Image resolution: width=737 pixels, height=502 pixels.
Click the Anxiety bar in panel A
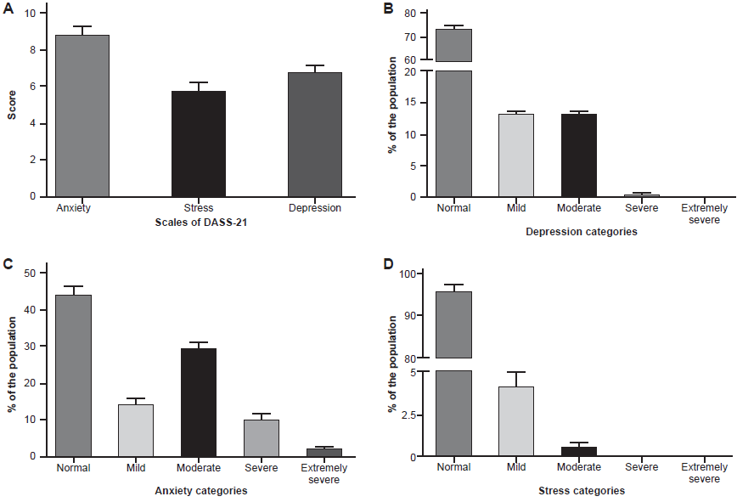(x=82, y=116)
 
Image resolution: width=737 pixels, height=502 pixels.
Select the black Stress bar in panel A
(x=199, y=144)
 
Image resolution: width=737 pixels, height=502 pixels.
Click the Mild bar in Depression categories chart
(x=516, y=155)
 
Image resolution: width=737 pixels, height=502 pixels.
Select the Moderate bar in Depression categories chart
(x=579, y=155)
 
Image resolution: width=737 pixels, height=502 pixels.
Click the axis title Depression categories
(x=581, y=231)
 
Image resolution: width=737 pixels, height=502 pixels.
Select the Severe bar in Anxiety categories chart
(x=262, y=437)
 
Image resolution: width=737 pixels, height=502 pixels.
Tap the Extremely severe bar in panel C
(x=324, y=452)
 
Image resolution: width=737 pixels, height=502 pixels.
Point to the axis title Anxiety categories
(x=200, y=491)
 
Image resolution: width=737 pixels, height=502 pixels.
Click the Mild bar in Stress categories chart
(x=516, y=421)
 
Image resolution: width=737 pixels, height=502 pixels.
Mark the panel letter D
(x=389, y=265)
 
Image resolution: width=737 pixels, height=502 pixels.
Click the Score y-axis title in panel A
(x=12, y=105)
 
